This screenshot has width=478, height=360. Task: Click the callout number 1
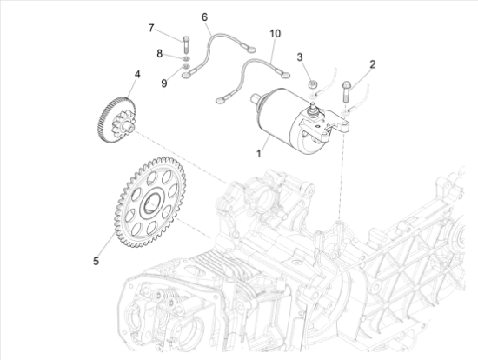pyautogui.click(x=258, y=153)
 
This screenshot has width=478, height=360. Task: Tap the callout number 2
pyautogui.click(x=372, y=64)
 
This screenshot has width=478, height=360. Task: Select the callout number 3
pyautogui.click(x=300, y=57)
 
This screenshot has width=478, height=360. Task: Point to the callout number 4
pyautogui.click(x=137, y=74)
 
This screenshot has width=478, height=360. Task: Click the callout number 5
pyautogui.click(x=96, y=261)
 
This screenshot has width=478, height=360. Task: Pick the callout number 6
pyautogui.click(x=204, y=17)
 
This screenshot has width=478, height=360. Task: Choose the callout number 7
pyautogui.click(x=151, y=28)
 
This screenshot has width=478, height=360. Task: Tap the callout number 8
pyautogui.click(x=159, y=54)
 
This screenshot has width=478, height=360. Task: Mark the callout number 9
pyautogui.click(x=164, y=83)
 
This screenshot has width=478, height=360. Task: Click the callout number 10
pyautogui.click(x=275, y=34)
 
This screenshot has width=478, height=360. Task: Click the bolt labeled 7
pyautogui.click(x=186, y=45)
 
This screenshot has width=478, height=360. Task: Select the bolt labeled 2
pyautogui.click(x=346, y=92)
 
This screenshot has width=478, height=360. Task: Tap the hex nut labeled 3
pyautogui.click(x=312, y=84)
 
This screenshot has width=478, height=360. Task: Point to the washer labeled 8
pyautogui.click(x=186, y=58)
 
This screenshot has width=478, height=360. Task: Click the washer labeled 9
pyautogui.click(x=186, y=66)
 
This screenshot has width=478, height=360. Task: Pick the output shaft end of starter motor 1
pyautogui.click(x=256, y=98)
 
